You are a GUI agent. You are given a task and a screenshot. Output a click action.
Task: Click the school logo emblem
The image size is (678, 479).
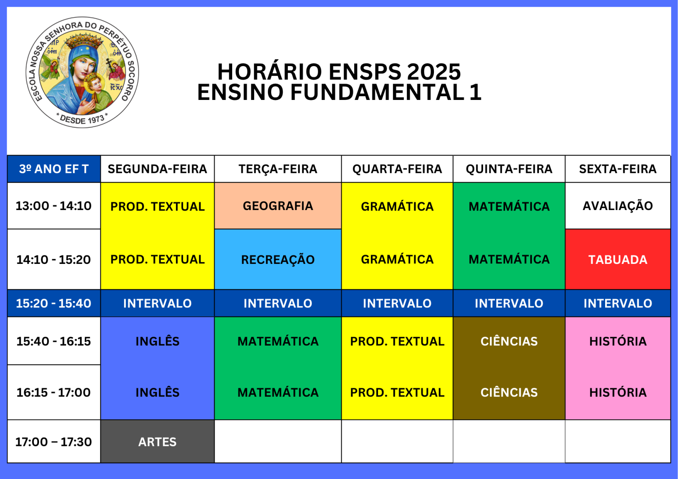tap(82, 72)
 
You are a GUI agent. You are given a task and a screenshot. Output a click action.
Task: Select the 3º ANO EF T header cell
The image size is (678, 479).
tap(54, 169)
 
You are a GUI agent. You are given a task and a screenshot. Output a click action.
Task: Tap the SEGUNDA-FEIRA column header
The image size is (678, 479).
tap(157, 169)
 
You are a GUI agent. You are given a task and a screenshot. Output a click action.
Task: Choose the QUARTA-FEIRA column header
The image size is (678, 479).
tap(397, 169)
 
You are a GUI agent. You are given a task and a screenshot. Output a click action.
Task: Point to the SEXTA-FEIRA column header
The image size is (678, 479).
tap(618, 169)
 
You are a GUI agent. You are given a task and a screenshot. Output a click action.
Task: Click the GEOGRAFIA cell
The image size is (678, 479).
tap(278, 206)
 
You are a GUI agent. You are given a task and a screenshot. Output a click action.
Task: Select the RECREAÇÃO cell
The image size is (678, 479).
tap(278, 259)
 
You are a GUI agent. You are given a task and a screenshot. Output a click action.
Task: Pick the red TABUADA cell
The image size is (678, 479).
tap(618, 259)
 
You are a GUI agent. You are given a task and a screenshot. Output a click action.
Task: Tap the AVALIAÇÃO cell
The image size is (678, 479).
tap(618, 206)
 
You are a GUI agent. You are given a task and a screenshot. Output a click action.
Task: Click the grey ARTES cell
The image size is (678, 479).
tap(157, 441)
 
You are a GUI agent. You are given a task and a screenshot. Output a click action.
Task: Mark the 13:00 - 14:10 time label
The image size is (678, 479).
tap(53, 206)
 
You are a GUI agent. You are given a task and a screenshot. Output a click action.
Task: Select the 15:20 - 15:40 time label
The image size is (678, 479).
tap(53, 303)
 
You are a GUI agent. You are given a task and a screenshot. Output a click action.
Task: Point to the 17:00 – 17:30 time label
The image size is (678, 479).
tap(53, 442)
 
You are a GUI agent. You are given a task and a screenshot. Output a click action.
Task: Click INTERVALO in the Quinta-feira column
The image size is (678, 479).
tap(509, 303)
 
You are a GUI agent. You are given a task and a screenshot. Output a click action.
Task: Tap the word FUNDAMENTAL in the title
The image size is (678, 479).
tap(377, 92)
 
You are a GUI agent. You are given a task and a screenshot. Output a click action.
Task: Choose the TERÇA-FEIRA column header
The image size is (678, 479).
tap(278, 169)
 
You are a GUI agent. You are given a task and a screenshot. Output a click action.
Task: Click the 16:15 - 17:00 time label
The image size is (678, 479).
tap(53, 393)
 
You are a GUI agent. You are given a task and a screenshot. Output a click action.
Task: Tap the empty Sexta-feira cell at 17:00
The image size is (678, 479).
tap(618, 441)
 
